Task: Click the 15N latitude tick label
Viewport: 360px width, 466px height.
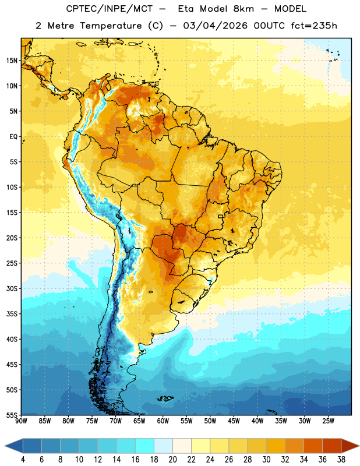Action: (12, 61)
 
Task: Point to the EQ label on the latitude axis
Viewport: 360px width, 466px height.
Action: (13, 137)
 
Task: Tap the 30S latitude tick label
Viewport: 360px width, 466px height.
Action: (12, 288)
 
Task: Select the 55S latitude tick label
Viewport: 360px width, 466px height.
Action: (12, 415)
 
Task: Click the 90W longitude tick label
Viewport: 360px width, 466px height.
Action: (21, 421)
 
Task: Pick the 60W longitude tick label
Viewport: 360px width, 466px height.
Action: (163, 421)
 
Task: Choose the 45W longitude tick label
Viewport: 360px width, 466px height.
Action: (234, 421)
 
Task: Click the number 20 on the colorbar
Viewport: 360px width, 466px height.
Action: (172, 460)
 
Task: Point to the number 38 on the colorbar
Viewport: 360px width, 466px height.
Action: (341, 460)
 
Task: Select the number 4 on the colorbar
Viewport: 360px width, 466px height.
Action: (23, 460)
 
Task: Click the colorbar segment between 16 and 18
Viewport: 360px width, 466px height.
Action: (144, 446)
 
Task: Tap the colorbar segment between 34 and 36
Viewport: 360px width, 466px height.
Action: (313, 446)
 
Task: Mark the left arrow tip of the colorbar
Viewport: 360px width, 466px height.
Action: (5, 446)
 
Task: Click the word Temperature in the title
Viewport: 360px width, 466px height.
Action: (111, 26)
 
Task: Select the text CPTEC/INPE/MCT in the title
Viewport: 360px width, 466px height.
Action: (110, 9)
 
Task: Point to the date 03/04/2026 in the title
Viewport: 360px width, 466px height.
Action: (215, 26)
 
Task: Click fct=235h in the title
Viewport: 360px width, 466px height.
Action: (314, 26)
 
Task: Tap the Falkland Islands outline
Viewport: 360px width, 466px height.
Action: (165, 398)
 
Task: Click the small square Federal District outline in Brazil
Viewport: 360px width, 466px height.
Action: (221, 216)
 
